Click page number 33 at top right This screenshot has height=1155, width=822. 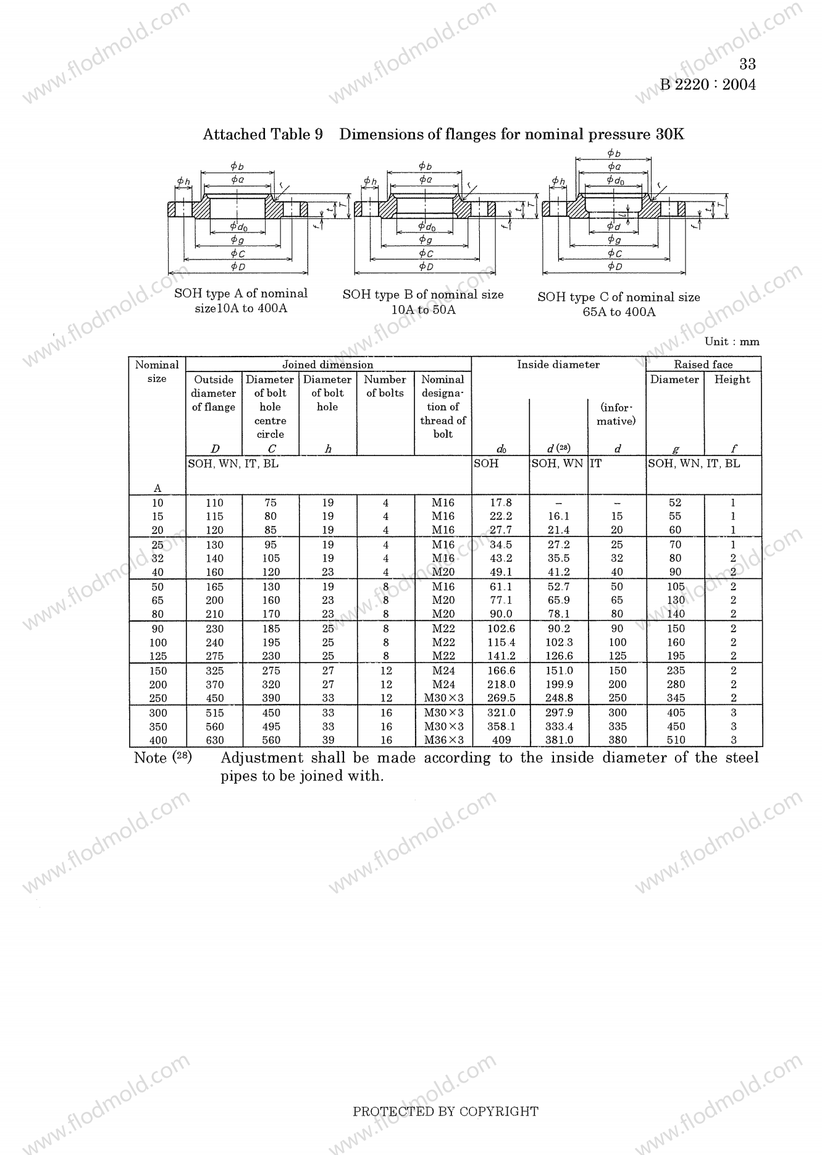[x=747, y=64]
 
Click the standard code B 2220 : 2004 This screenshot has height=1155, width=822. [x=708, y=85]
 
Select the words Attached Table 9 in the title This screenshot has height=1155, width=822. [x=262, y=135]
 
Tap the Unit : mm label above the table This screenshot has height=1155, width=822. [x=732, y=342]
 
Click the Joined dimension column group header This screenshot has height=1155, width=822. [x=327, y=365]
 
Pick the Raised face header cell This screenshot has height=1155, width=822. [x=703, y=365]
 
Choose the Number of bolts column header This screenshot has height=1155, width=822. [x=385, y=386]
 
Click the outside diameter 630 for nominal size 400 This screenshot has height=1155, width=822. [x=214, y=740]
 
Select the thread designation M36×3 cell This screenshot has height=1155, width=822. [x=443, y=740]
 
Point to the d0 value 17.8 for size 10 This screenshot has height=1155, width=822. [x=500, y=503]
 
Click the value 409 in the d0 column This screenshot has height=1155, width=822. [x=500, y=740]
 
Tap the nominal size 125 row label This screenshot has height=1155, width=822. [x=157, y=656]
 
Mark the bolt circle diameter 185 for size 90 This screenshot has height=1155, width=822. [x=271, y=629]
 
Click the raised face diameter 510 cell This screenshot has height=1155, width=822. [x=676, y=740]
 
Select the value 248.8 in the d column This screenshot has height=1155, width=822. [x=559, y=698]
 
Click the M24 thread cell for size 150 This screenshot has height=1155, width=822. [x=443, y=671]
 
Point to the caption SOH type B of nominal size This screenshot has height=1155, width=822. [x=423, y=295]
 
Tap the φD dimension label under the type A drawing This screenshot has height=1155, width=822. [x=238, y=267]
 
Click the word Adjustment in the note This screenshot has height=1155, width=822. [x=262, y=758]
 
